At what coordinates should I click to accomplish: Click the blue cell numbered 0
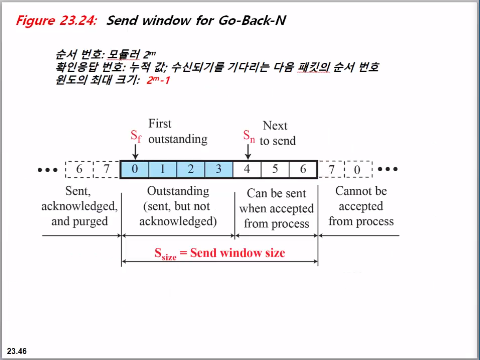pos(135,169)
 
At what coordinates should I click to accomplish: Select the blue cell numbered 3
pos(218,169)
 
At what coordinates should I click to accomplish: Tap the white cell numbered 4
pos(247,169)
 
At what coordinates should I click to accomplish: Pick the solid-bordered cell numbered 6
pos(303,169)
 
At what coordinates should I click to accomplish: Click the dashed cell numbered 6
pos(79,169)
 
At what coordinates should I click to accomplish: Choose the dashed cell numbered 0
pos(357,169)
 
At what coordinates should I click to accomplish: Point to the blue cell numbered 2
pos(191,169)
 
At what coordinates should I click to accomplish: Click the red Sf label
pos(136,136)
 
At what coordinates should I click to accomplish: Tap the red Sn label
pos(249,136)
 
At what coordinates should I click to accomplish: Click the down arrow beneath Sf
pos(136,152)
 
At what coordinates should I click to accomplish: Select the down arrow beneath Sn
pos(248,152)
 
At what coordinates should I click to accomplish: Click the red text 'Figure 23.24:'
pos(56,21)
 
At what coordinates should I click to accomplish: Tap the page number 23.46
pos(17,351)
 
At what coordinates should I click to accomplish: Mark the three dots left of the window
pos(48,170)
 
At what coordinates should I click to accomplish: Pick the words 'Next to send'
pos(278,133)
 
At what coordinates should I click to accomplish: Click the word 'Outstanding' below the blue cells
pos(178,191)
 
